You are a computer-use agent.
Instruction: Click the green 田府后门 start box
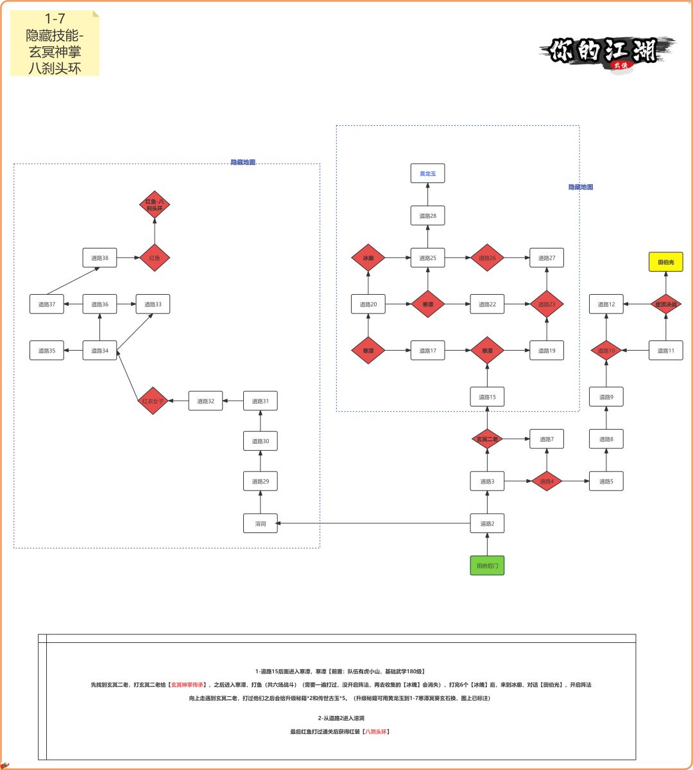click(x=487, y=566)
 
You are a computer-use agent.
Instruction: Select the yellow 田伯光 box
click(x=665, y=262)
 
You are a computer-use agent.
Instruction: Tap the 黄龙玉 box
click(x=427, y=173)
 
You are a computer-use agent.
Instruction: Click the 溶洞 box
click(x=261, y=523)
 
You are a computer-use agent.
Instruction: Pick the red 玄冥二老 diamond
click(x=487, y=439)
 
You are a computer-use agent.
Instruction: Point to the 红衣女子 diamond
click(x=153, y=401)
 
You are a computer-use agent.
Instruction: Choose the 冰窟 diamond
click(x=368, y=258)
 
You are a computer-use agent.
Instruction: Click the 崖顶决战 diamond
click(x=665, y=304)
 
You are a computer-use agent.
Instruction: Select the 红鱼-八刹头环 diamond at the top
click(x=155, y=205)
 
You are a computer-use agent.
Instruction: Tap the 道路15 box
click(x=487, y=397)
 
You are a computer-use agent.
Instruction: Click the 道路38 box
click(x=99, y=258)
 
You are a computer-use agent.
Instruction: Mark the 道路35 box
click(x=47, y=351)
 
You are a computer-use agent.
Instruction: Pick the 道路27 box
click(x=547, y=258)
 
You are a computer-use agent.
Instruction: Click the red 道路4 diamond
click(x=546, y=481)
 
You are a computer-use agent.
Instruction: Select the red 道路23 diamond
click(x=547, y=304)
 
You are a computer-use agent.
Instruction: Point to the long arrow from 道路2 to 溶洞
click(x=372, y=523)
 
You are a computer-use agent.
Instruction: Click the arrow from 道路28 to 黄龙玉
click(x=427, y=195)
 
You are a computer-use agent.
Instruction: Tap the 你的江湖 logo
click(x=607, y=53)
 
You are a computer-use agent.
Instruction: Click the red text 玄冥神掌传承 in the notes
click(x=187, y=685)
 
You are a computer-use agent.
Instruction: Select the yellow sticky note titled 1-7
click(x=55, y=43)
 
